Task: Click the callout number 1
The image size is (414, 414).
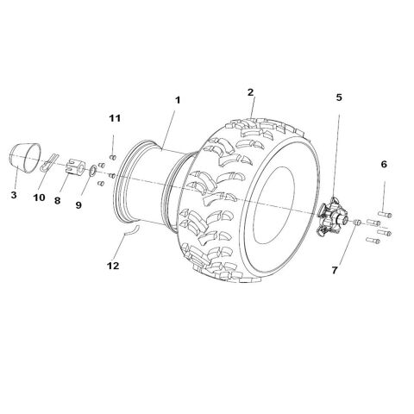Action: tap(177, 101)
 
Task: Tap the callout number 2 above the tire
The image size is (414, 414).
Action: tap(250, 91)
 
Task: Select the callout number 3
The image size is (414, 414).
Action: tap(13, 195)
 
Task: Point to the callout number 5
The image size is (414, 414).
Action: tap(339, 97)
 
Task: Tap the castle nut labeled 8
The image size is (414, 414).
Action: tap(72, 169)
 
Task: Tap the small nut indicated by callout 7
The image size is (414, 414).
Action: tap(355, 223)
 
